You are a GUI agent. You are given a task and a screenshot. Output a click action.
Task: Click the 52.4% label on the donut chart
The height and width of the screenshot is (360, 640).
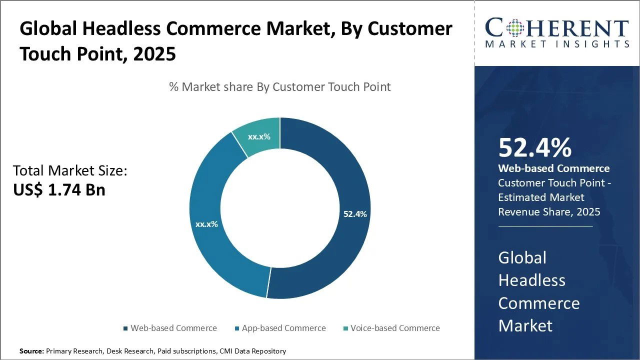point(355,214)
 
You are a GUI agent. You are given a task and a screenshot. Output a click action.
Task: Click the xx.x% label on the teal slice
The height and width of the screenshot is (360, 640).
point(259,136)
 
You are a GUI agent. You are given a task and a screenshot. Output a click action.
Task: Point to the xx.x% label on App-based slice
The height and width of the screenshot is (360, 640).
point(206,224)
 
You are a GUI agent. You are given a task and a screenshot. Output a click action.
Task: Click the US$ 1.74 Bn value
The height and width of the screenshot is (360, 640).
point(59,189)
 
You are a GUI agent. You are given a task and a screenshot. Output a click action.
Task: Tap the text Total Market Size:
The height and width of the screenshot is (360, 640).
point(70,171)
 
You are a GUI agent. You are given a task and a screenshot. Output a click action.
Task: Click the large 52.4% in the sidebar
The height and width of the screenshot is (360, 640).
point(534,148)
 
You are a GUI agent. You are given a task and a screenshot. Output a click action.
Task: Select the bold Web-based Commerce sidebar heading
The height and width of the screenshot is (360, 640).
point(554,168)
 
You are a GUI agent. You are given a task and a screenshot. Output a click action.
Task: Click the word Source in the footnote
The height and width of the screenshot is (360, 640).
point(31,351)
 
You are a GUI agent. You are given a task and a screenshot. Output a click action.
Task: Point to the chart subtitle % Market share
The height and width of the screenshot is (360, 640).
point(279,87)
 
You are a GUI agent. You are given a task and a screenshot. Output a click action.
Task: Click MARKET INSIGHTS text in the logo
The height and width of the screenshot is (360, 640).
point(557,44)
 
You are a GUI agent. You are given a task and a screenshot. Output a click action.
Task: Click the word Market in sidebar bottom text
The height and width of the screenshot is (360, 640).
point(525,326)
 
